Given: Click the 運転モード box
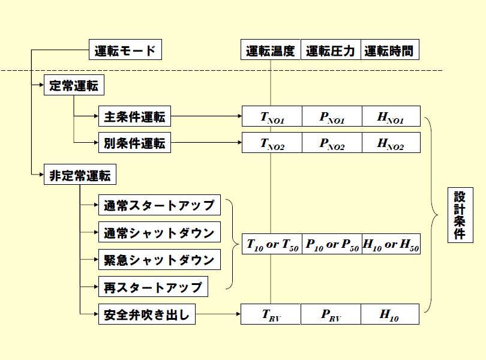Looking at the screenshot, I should pyautogui.click(x=125, y=50).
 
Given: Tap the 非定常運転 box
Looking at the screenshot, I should pyautogui.click(x=80, y=176).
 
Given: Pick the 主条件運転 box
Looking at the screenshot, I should pyautogui.click(x=134, y=116).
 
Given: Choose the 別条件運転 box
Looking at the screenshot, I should pyautogui.click(x=134, y=143).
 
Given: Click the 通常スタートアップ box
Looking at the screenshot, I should pyautogui.click(x=159, y=205).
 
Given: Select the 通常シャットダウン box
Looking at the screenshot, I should pyautogui.click(x=159, y=232).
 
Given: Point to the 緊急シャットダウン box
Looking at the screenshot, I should pyautogui.click(x=159, y=260).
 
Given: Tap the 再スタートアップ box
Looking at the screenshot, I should pyautogui.click(x=153, y=287).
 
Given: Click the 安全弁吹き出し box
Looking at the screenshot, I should pyautogui.click(x=147, y=314).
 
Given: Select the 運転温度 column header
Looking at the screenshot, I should pyautogui.click(x=271, y=50).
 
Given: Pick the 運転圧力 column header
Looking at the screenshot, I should pyautogui.click(x=331, y=50).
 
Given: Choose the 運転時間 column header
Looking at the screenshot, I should pyautogui.click(x=390, y=50).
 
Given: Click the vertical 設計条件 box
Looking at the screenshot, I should pyautogui.click(x=460, y=215).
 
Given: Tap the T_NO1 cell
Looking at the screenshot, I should pyautogui.click(x=271, y=116).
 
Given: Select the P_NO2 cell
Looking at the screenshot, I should pyautogui.click(x=331, y=143).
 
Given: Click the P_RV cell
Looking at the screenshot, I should pyautogui.click(x=331, y=314).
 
